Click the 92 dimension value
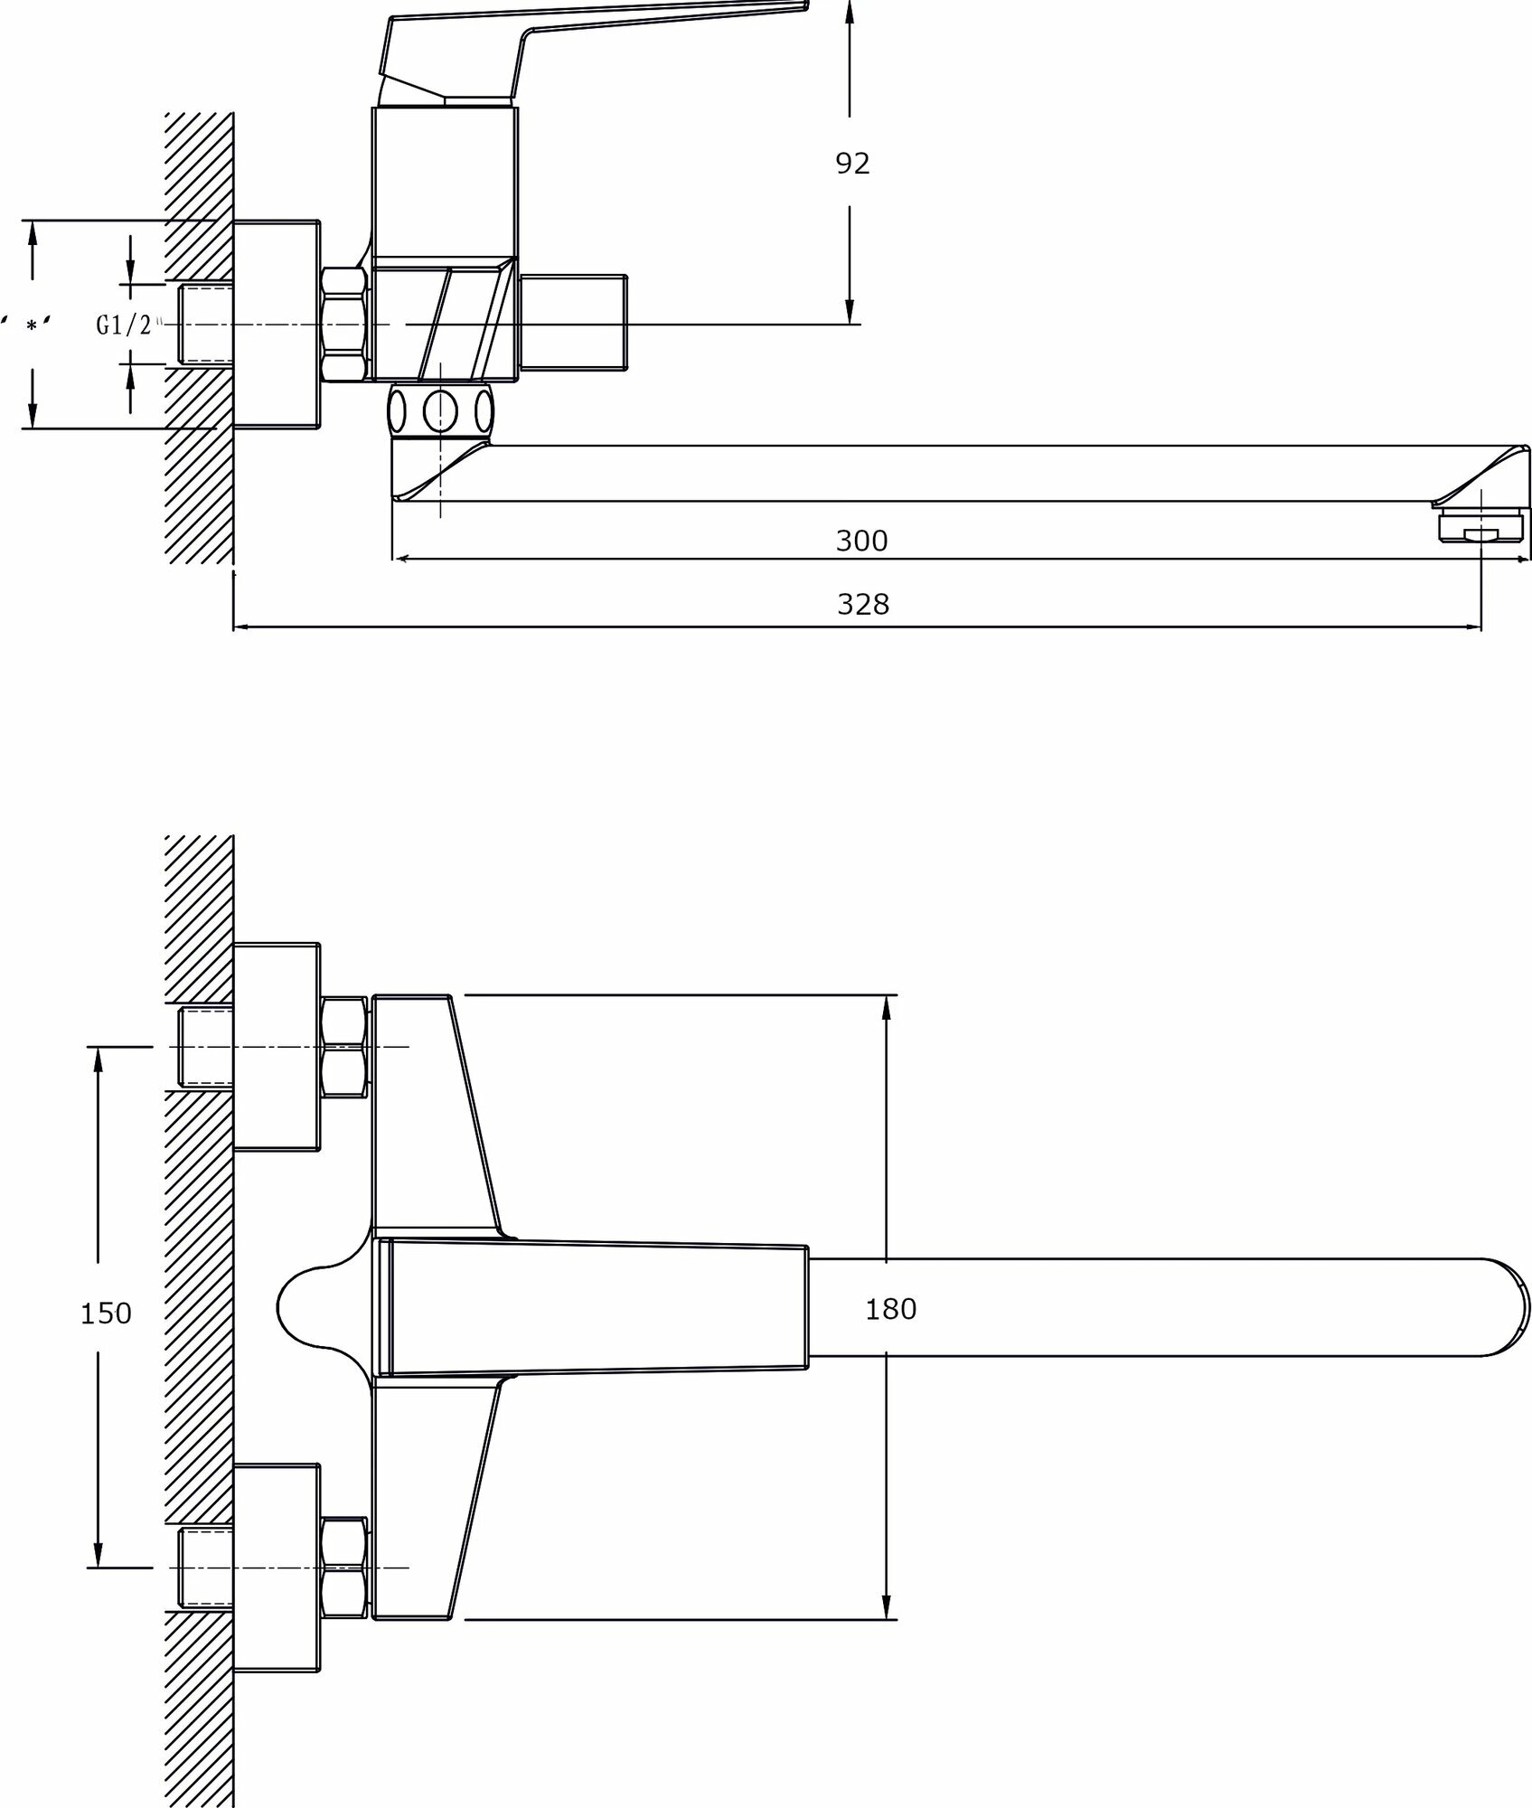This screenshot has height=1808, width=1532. click(x=851, y=164)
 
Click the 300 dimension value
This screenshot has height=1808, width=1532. click(x=861, y=541)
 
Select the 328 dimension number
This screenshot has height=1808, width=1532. click(x=863, y=604)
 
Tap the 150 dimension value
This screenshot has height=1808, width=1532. click(x=107, y=1313)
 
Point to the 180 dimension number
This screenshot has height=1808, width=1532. click(x=891, y=1308)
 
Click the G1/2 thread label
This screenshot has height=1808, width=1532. click(x=125, y=325)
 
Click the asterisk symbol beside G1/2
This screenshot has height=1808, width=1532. click(x=33, y=325)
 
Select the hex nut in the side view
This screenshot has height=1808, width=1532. click(x=345, y=324)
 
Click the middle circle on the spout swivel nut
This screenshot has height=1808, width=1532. click(x=440, y=411)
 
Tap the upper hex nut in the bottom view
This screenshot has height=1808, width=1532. click(x=345, y=1047)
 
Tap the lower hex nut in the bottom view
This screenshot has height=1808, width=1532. click(x=345, y=1568)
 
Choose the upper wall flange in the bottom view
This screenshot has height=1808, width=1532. click(x=277, y=1047)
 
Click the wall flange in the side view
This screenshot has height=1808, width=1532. click(x=277, y=324)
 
